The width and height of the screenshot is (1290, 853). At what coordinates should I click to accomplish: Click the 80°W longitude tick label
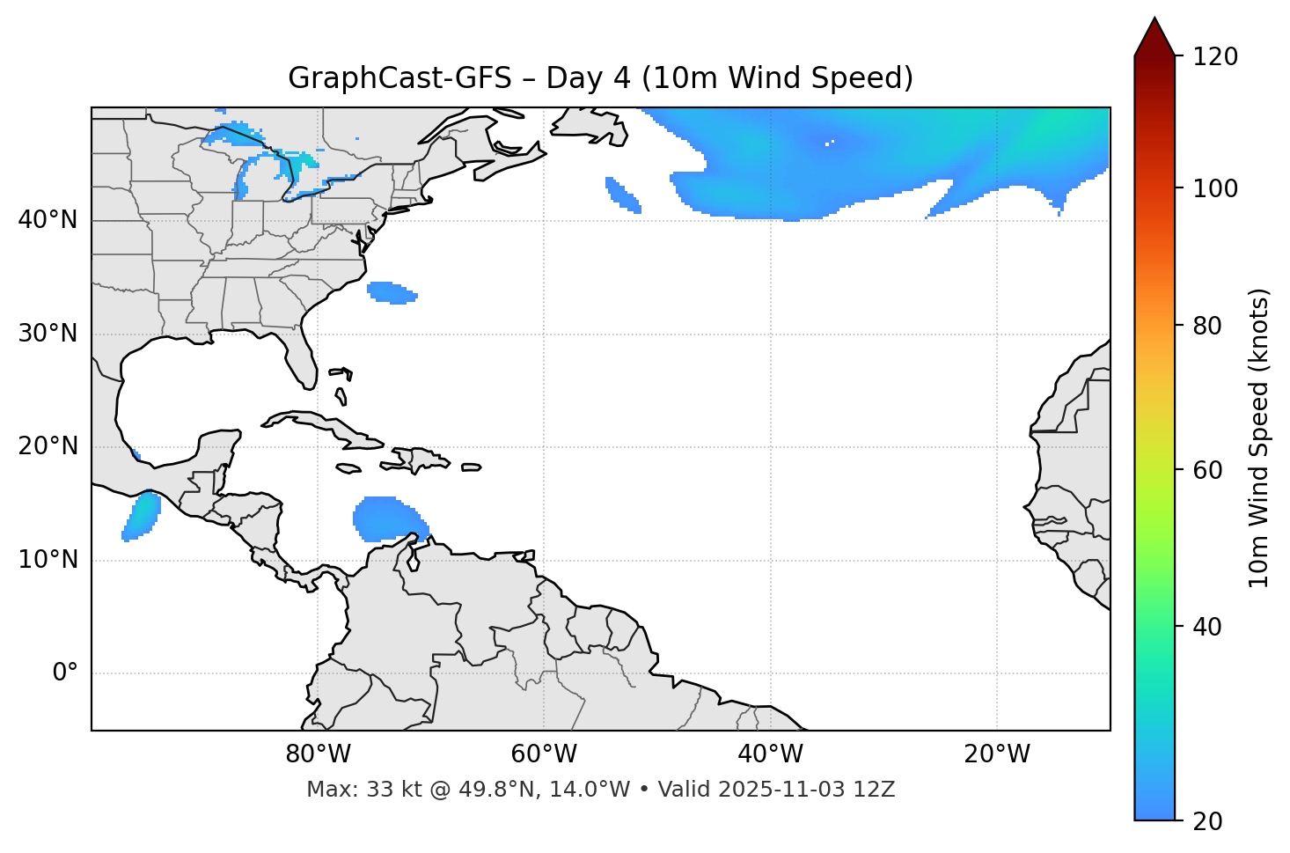coord(318,754)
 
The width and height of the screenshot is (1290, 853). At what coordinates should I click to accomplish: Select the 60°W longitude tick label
coord(544,754)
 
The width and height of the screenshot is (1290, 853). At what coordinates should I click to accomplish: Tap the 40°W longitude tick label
coord(770,754)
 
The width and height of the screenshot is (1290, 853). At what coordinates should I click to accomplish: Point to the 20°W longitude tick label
coord(997,754)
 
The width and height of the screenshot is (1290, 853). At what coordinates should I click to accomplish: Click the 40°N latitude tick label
coord(48,220)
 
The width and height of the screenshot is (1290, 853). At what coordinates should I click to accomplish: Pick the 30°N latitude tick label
coord(48,334)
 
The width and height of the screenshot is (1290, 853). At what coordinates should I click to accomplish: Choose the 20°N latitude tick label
coord(48,446)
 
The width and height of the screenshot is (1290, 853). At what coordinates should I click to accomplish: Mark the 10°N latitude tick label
coord(48,560)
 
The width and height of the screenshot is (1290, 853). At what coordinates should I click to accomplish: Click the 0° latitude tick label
coord(65,673)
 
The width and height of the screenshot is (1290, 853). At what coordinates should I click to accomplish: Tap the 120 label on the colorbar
coord(1215,57)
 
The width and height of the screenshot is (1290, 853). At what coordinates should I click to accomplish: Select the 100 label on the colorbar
coord(1215,188)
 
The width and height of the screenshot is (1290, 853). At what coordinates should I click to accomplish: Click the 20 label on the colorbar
coord(1208,821)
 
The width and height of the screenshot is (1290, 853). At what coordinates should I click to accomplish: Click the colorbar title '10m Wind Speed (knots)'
coord(1259,438)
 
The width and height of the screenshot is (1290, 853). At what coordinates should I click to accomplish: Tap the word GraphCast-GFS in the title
coord(399,78)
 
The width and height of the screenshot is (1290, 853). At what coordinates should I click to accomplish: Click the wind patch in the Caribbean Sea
coord(387,518)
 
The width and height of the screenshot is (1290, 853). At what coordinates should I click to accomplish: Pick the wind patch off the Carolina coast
coord(392,292)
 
